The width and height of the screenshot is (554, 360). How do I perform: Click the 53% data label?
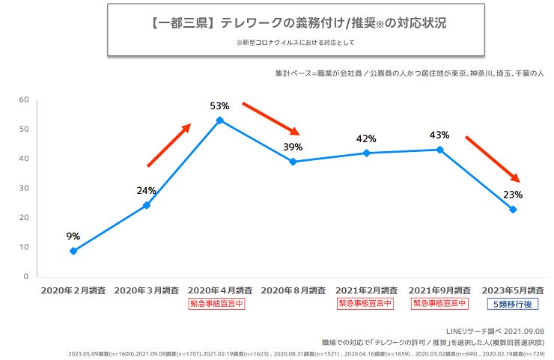(x=219, y=106)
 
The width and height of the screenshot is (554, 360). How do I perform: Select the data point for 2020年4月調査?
(x=219, y=120)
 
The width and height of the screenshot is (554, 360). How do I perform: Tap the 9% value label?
(x=73, y=237)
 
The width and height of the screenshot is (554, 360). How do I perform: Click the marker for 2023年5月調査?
(x=513, y=210)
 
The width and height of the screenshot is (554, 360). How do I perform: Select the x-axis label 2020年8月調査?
(x=293, y=290)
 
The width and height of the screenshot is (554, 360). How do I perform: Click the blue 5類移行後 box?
(x=513, y=304)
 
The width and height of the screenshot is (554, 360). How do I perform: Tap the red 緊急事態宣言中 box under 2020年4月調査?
(x=219, y=304)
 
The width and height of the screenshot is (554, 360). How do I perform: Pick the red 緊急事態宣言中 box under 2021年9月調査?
(x=439, y=304)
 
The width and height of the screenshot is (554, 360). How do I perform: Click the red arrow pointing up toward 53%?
(x=169, y=145)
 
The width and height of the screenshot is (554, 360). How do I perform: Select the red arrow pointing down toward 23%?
(x=492, y=159)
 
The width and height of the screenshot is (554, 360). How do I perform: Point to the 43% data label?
(x=439, y=135)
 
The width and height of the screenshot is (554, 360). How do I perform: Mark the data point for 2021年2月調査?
(x=366, y=153)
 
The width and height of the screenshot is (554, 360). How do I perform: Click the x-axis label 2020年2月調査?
(x=73, y=290)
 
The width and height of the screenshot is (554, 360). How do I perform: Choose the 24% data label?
(x=146, y=190)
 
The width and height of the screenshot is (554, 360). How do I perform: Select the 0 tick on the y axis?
(x=26, y=276)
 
